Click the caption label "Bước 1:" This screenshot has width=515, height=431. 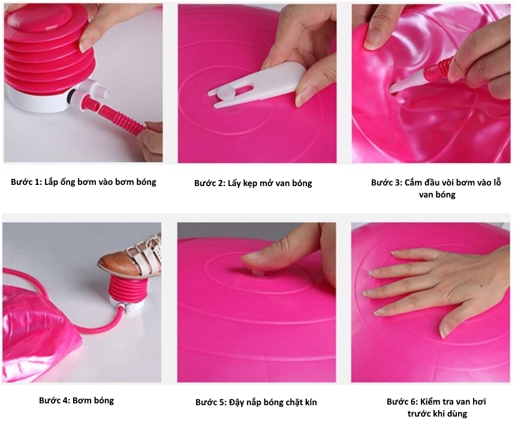[x=26, y=182]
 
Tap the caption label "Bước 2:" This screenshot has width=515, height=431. [x=210, y=183]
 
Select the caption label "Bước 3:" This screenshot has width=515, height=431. [x=387, y=182]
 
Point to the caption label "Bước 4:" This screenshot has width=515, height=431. [x=54, y=400]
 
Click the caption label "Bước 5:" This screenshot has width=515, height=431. [x=211, y=402]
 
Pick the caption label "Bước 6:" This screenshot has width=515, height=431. [x=402, y=402]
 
